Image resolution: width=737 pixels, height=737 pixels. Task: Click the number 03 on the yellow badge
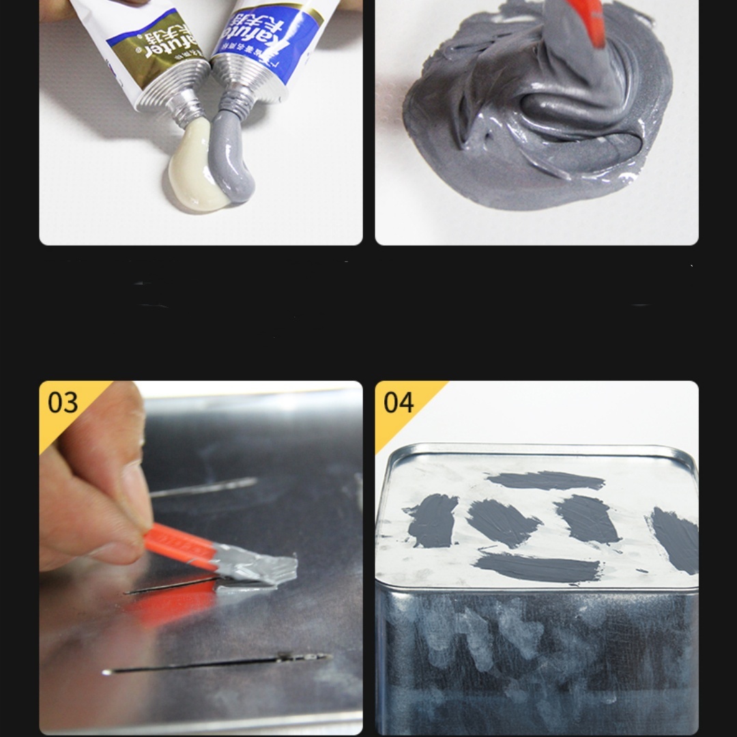(63, 403)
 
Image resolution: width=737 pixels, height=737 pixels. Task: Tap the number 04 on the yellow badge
(399, 403)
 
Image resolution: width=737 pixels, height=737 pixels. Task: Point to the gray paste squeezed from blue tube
(233, 160)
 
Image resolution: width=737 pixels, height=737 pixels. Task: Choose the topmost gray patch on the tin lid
(546, 480)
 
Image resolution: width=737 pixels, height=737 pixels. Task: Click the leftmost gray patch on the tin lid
(431, 520)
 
